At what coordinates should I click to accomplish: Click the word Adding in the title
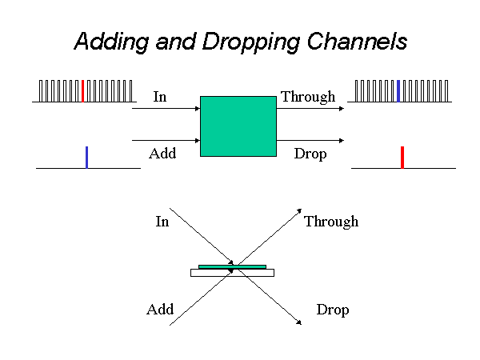click(112, 42)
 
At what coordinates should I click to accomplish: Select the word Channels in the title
click(357, 41)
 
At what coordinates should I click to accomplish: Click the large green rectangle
click(238, 126)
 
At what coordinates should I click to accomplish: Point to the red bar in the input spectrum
click(82, 91)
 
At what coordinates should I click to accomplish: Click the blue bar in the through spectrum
click(398, 91)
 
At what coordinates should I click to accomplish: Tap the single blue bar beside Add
click(87, 158)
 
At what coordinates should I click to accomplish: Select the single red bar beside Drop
click(402, 158)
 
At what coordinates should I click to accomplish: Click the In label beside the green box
click(160, 97)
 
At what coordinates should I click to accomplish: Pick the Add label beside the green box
click(162, 154)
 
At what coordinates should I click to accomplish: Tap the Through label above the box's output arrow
click(308, 98)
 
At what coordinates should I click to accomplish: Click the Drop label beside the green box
click(310, 154)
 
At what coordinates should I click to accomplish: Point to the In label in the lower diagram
click(162, 222)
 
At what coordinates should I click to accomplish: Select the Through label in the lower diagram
click(331, 222)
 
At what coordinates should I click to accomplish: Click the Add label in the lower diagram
click(160, 309)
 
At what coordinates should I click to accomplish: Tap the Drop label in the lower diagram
click(333, 310)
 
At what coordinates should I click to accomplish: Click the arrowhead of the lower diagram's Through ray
click(299, 211)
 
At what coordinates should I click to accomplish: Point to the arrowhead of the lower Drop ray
click(299, 322)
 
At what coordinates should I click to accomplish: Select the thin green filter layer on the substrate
click(232, 267)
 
